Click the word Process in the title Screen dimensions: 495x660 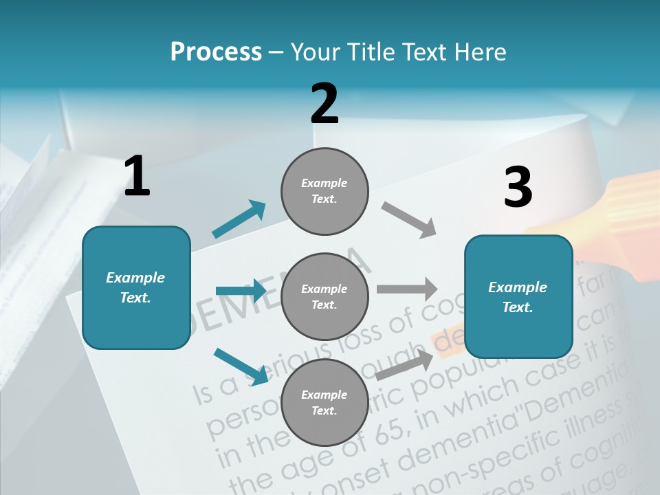[216, 52]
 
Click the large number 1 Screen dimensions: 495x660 [137, 176]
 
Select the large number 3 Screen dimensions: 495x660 [518, 187]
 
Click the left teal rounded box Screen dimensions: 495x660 [136, 287]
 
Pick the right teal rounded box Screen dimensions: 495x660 [518, 296]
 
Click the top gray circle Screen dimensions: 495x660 [324, 191]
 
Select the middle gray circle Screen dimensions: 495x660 [324, 296]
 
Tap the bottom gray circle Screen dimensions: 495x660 [324, 402]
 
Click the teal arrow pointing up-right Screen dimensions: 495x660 [239, 219]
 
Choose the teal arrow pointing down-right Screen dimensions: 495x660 [241, 366]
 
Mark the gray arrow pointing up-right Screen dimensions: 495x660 [404, 364]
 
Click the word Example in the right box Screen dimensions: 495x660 [518, 287]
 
